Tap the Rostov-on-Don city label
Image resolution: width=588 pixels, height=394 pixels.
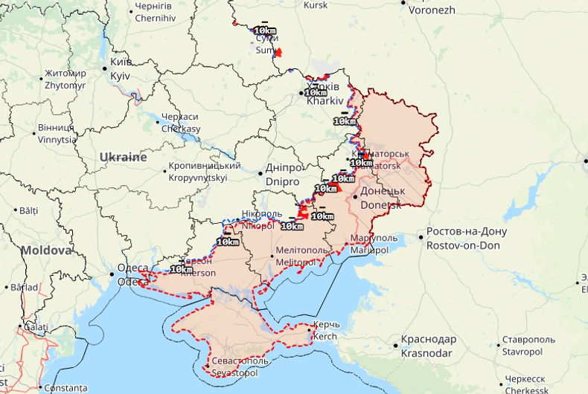[x=467, y=238]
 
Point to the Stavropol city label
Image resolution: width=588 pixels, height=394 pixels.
[x=528, y=345]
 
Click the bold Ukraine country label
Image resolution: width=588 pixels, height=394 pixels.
[x=123, y=158]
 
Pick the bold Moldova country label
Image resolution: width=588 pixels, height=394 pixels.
[x=46, y=251]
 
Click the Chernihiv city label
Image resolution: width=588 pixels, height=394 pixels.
[x=154, y=12]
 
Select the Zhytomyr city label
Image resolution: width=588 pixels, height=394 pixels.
[x=65, y=79]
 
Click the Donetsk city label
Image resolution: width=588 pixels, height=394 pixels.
[x=382, y=197]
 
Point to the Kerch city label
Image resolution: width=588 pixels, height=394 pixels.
[x=326, y=331]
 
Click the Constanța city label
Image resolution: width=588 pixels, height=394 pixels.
[x=65, y=388]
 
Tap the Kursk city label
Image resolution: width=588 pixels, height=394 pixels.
[x=315, y=5]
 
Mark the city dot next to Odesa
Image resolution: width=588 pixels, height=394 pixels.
[x=112, y=274]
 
